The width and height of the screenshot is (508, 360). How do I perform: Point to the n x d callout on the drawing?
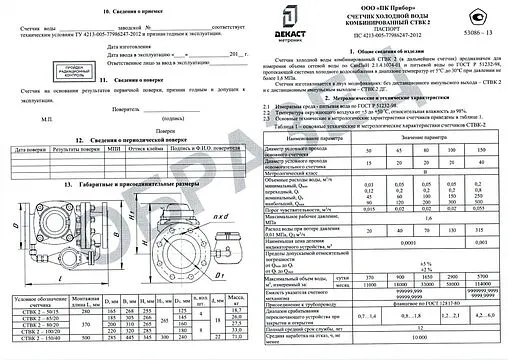230,243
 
